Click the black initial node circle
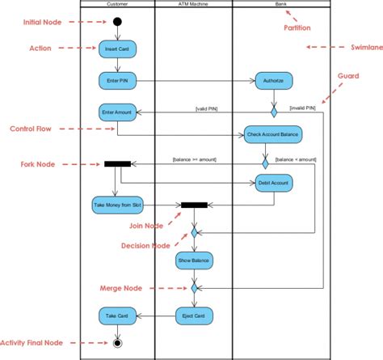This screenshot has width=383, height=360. tap(117, 21)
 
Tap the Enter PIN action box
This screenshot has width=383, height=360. tap(117, 80)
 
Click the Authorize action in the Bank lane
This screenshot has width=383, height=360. tap(273, 80)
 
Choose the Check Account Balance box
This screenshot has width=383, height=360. tap(267, 133)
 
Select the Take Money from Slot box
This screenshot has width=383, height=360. tap(117, 206)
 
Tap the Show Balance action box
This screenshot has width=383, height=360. tap(194, 260)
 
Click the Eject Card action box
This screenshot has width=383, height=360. tap(194, 315)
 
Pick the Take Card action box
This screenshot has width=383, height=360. tap(117, 315)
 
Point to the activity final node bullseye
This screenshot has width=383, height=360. tap(118, 343)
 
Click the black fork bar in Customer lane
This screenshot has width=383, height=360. tap(117, 163)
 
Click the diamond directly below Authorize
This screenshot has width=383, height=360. tap(273, 111)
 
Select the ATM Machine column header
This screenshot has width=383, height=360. tap(193, 4)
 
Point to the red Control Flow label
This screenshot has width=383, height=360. tap(32, 129)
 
